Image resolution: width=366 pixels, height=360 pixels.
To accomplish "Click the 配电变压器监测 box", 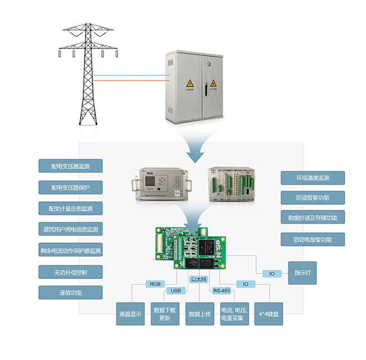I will tap(70, 166).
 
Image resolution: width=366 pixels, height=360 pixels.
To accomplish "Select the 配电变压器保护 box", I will tap(70, 187).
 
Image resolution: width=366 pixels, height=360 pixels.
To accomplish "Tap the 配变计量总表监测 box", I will tap(70, 208).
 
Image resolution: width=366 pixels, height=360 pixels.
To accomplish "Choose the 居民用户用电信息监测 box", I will tap(70, 229).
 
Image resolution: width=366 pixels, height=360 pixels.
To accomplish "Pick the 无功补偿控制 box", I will tap(70, 272).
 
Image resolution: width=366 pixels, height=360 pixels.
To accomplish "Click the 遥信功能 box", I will tap(70, 292).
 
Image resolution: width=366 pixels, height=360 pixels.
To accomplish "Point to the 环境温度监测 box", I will tap(313, 178).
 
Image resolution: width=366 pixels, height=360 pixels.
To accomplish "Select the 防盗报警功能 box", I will tap(313, 198).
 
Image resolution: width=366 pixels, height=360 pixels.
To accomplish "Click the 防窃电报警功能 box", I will tap(313, 239).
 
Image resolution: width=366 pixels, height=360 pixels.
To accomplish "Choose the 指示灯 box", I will tap(302, 273).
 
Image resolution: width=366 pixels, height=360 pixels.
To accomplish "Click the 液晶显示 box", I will tap(130, 314).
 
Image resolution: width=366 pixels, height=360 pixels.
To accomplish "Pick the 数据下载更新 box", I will tap(165, 314).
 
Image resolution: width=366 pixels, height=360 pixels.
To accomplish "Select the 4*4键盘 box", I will tap(269, 314).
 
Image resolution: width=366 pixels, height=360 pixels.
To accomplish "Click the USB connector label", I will tap(175, 291).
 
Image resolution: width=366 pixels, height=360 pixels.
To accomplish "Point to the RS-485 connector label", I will tap(221, 291).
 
